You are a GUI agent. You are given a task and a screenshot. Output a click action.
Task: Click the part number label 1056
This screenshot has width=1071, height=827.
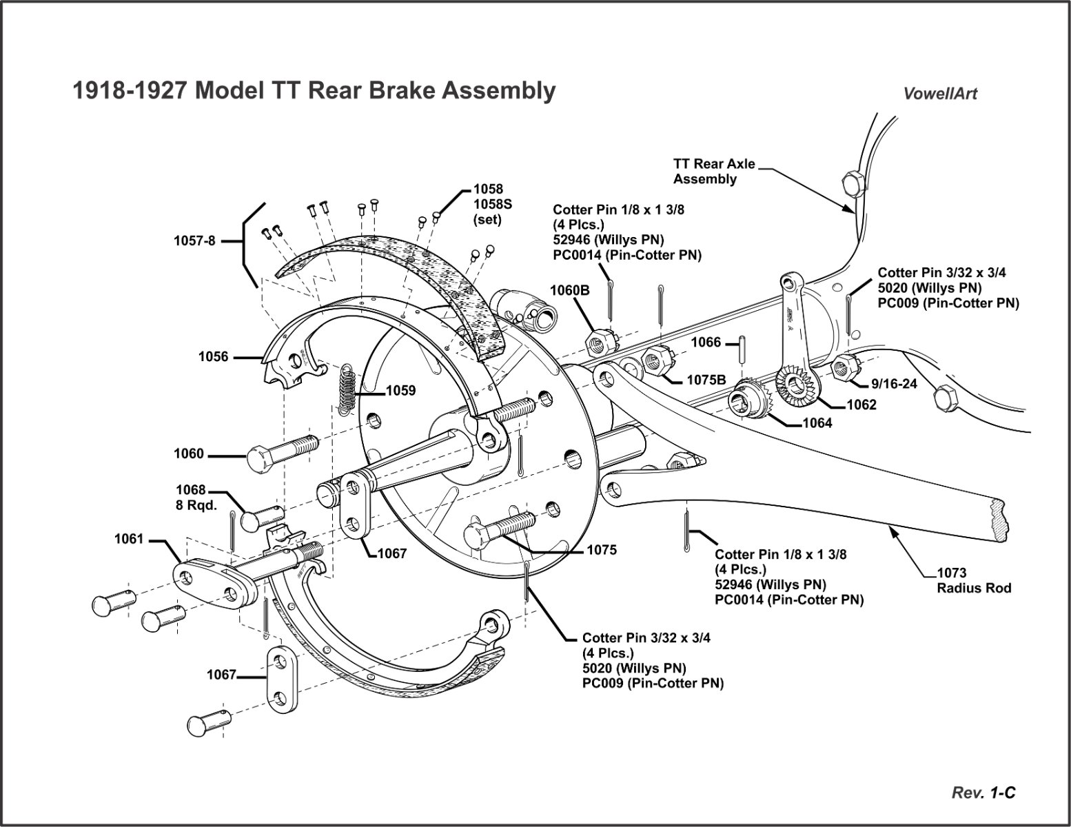[213, 357]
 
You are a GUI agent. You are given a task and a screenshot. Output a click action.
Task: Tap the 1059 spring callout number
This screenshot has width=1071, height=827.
[400, 391]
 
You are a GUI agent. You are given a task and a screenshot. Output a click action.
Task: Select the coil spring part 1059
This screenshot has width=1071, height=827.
[347, 389]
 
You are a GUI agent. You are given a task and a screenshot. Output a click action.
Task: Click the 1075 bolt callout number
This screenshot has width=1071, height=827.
[602, 550]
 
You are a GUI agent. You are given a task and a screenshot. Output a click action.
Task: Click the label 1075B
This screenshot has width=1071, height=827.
[706, 380]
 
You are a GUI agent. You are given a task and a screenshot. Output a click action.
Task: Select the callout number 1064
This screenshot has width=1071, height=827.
[817, 423]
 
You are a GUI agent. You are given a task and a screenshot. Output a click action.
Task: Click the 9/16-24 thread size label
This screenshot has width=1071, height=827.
[894, 384]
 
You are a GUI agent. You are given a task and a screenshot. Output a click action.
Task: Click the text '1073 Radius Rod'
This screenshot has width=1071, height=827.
[973, 580]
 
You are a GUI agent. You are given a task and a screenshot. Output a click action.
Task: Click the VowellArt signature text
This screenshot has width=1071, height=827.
[940, 94]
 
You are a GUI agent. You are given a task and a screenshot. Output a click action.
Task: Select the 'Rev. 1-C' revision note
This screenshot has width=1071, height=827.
[983, 793]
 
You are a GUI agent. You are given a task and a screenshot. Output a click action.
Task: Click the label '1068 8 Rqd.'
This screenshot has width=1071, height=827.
[196, 497]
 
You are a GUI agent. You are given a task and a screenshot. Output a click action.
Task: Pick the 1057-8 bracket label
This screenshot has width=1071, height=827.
[194, 241]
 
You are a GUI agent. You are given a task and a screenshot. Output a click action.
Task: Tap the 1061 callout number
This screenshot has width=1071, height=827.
[129, 539]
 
